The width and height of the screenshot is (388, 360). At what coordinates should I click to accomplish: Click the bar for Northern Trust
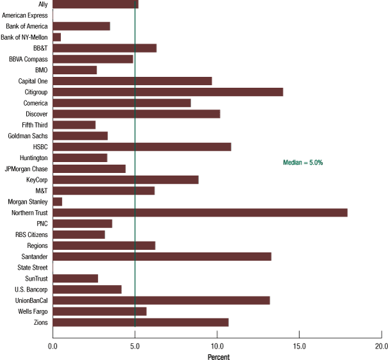(x=200, y=213)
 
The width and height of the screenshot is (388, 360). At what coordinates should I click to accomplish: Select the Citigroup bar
(x=167, y=92)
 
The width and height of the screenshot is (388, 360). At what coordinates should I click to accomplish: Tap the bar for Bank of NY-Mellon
(x=56, y=37)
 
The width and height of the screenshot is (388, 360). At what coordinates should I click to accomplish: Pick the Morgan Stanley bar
(x=57, y=202)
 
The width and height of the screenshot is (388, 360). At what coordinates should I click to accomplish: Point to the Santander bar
(x=162, y=256)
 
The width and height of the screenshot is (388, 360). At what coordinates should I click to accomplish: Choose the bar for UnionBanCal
(x=161, y=300)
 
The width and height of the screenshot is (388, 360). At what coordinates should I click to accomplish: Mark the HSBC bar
(x=142, y=147)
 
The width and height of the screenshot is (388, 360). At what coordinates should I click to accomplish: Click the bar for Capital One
(x=132, y=81)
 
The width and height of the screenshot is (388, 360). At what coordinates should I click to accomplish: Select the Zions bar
(x=140, y=322)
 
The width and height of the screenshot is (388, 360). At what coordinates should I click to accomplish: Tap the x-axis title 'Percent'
(x=219, y=356)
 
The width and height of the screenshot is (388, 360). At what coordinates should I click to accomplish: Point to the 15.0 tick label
(x=299, y=346)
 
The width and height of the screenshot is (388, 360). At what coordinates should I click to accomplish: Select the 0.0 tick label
(x=53, y=346)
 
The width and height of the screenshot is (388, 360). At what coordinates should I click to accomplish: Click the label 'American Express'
(x=24, y=15)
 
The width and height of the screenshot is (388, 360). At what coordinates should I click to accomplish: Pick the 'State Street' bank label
(x=31, y=267)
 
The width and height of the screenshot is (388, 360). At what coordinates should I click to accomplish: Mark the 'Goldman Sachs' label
(x=28, y=136)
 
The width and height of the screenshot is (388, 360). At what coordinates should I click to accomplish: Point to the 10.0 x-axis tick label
(x=217, y=346)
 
